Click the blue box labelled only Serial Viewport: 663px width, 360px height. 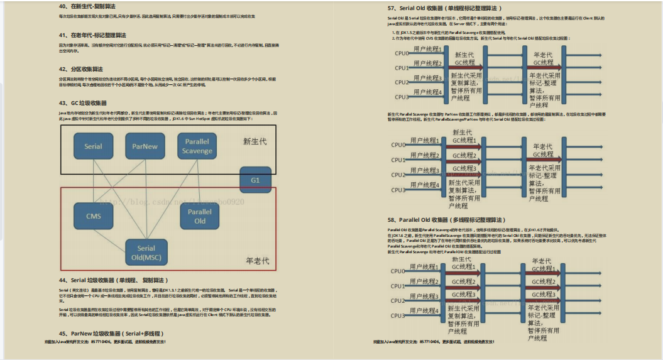pos(93,146)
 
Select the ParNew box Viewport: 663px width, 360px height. pos(145,146)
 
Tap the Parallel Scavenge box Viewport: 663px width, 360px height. pos(197,146)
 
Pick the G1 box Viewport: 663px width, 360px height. pos(255,180)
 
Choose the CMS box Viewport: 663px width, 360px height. pos(94,216)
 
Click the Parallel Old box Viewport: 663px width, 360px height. pos(200,216)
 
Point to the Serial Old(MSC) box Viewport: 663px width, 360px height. pos(146,253)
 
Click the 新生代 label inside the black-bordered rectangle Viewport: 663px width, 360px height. pos(255,141)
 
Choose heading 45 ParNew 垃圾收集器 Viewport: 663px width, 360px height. pos(106,334)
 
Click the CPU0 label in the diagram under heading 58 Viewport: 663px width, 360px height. pos(398,271)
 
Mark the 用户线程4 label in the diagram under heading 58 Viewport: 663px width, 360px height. pos(425,310)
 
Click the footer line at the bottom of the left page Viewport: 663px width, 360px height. pos(106,342)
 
